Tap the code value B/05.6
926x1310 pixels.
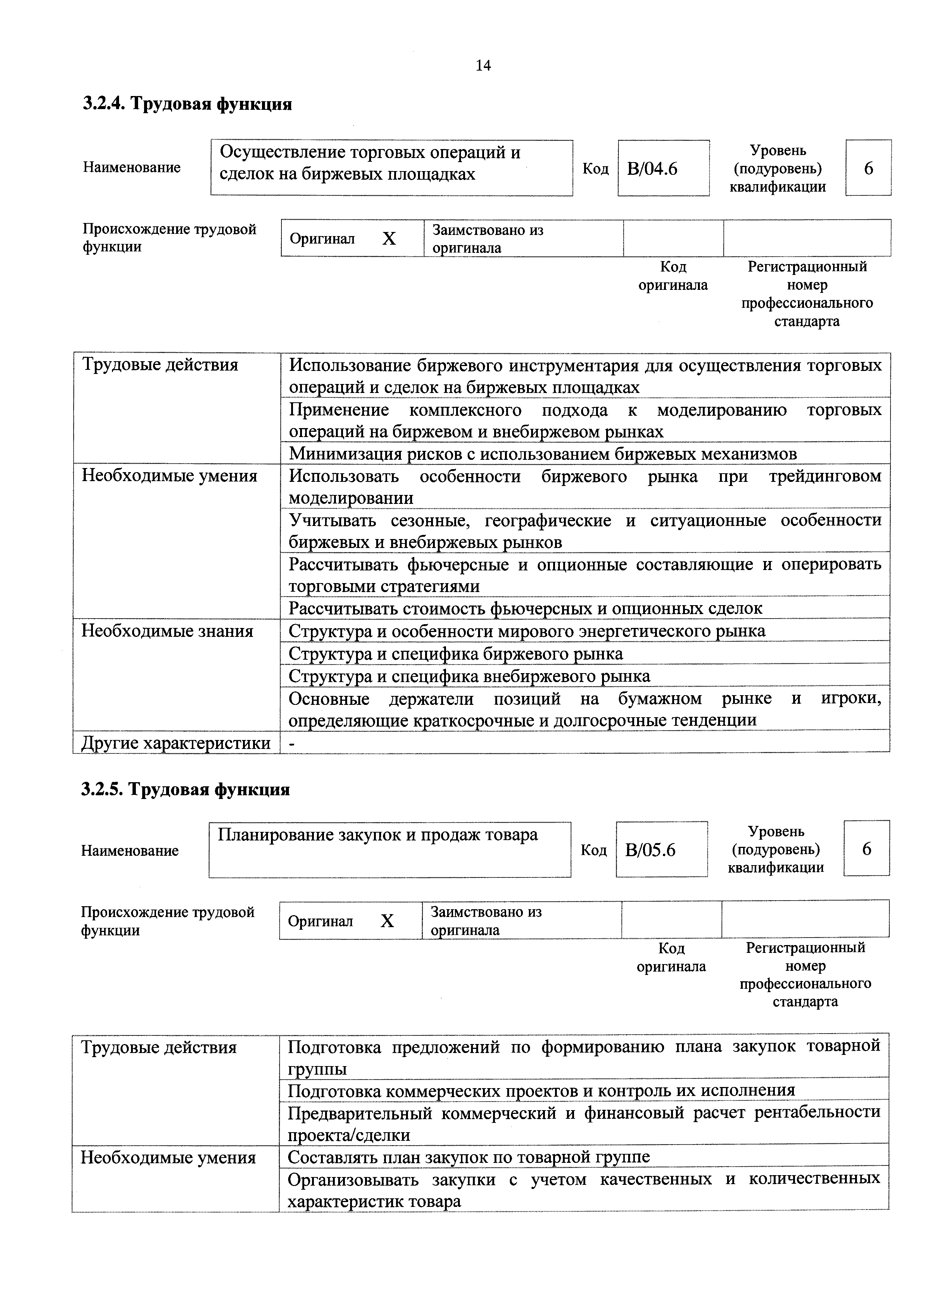pyautogui.click(x=650, y=851)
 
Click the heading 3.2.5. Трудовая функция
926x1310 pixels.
pyautogui.click(x=186, y=790)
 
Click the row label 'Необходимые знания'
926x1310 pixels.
pyautogui.click(x=168, y=631)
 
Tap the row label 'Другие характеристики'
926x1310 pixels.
pyautogui.click(x=176, y=743)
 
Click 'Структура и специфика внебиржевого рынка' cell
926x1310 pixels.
pyautogui.click(x=469, y=676)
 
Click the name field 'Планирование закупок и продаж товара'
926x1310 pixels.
pyautogui.click(x=377, y=835)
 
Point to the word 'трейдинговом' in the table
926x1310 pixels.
pyautogui.click(x=824, y=476)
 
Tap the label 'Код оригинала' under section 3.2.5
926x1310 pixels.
pyautogui.click(x=671, y=957)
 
